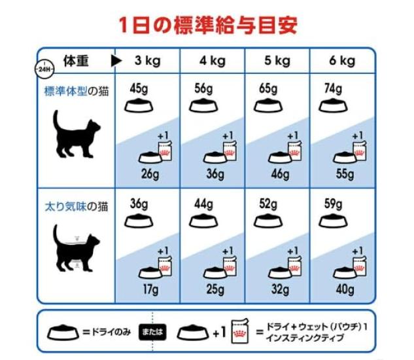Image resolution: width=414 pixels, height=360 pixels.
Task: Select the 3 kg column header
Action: pos(147,62)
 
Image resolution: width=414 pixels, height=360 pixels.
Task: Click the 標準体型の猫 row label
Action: pos(76,90)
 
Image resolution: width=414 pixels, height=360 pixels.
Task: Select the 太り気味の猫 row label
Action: pos(76,207)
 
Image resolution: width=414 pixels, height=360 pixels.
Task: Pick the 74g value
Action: pos(334,88)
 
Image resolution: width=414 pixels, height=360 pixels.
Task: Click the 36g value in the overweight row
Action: pos(139,204)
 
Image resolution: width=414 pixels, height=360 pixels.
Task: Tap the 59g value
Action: pos(334,204)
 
